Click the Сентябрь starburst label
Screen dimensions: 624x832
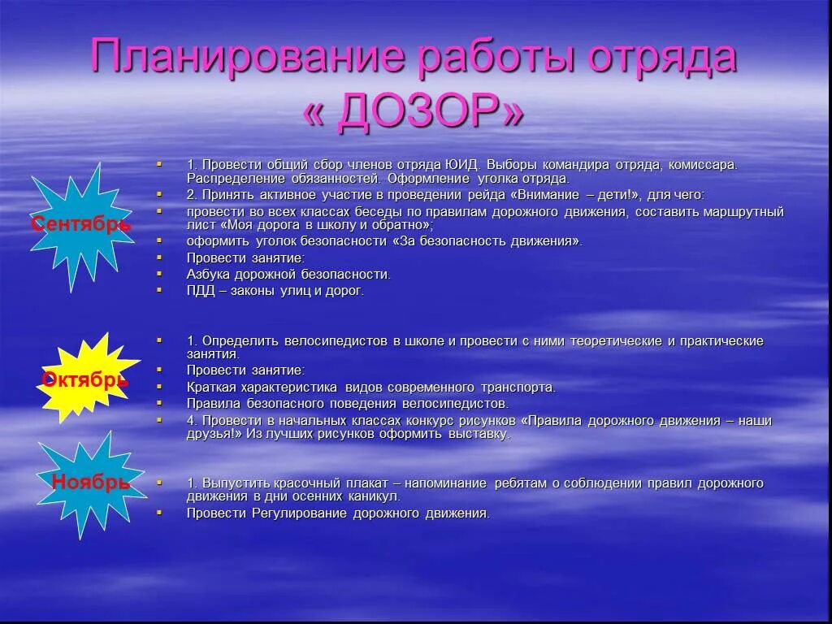pyautogui.click(x=80, y=224)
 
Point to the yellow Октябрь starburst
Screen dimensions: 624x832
pyautogui.click(x=84, y=379)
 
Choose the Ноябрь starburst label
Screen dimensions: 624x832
pyautogui.click(x=90, y=482)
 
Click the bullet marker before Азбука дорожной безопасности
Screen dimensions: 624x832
pyautogui.click(x=160, y=274)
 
